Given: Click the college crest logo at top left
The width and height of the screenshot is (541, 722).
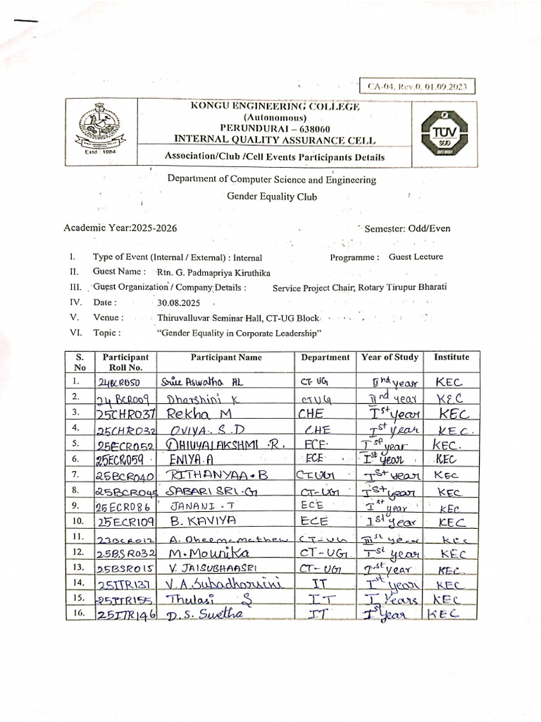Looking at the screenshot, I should (x=98, y=128).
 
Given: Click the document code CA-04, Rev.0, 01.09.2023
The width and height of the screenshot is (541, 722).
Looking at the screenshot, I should (x=418, y=87).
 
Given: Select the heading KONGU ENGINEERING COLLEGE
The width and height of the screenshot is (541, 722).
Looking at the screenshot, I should (x=275, y=106).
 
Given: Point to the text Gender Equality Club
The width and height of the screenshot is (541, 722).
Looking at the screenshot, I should (x=271, y=197).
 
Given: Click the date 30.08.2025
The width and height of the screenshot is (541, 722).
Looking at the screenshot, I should (x=175, y=302).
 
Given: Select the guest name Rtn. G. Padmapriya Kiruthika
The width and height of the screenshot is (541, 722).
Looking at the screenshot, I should (x=213, y=272).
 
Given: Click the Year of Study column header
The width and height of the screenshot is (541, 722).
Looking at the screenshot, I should (x=390, y=358).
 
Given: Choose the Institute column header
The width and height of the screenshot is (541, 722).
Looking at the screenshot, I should (x=451, y=358).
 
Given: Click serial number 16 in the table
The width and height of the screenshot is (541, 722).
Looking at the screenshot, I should (x=79, y=613).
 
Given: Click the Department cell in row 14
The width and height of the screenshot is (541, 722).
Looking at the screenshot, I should (x=324, y=583).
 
